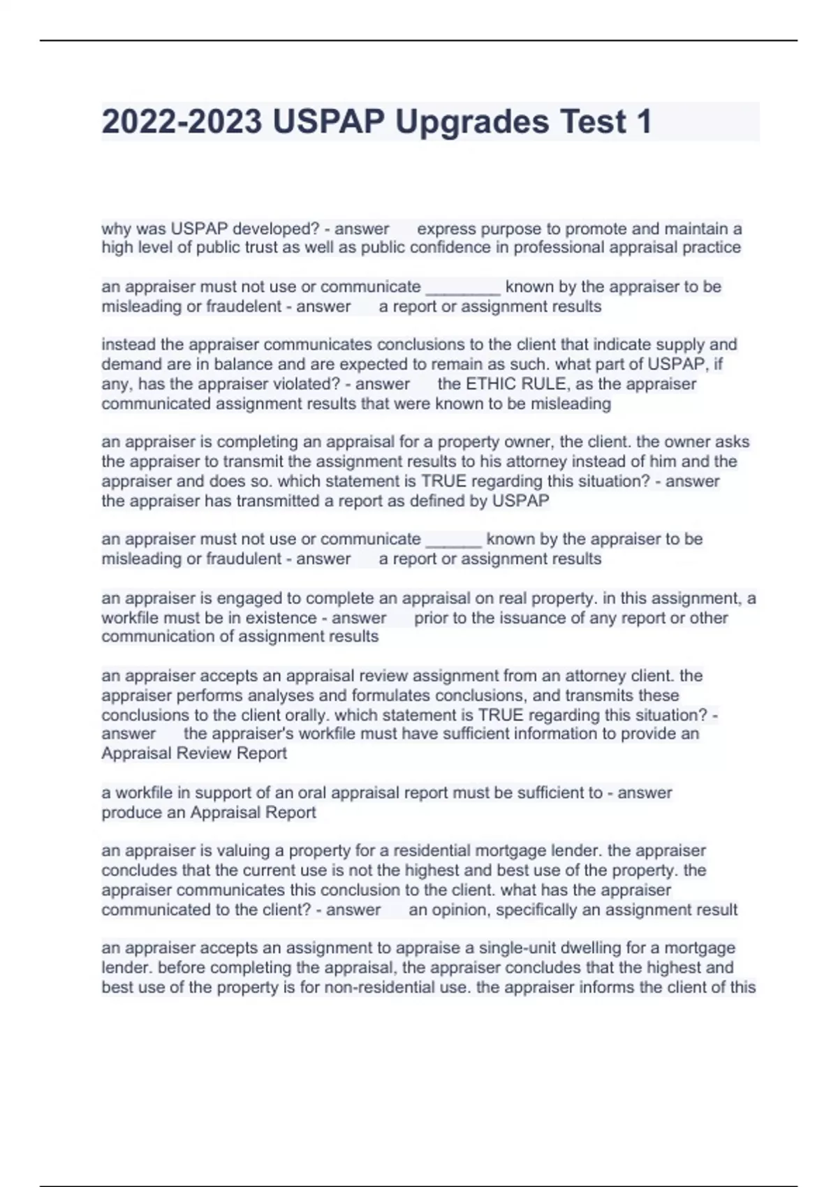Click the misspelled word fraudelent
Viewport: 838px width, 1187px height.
(x=244, y=307)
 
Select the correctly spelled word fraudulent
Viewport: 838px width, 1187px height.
(x=244, y=559)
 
